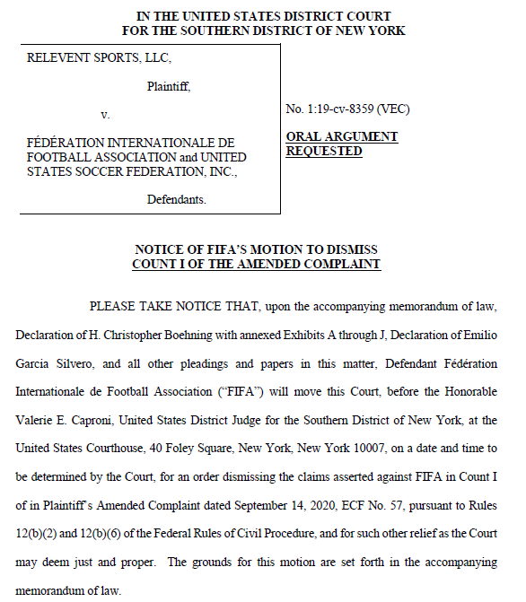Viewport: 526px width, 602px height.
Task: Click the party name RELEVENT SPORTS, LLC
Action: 99,58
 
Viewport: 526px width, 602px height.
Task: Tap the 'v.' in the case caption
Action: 105,115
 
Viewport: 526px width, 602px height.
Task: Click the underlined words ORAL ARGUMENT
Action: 341,136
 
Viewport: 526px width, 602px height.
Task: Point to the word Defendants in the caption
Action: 177,199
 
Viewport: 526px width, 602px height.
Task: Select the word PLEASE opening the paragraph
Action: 114,307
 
